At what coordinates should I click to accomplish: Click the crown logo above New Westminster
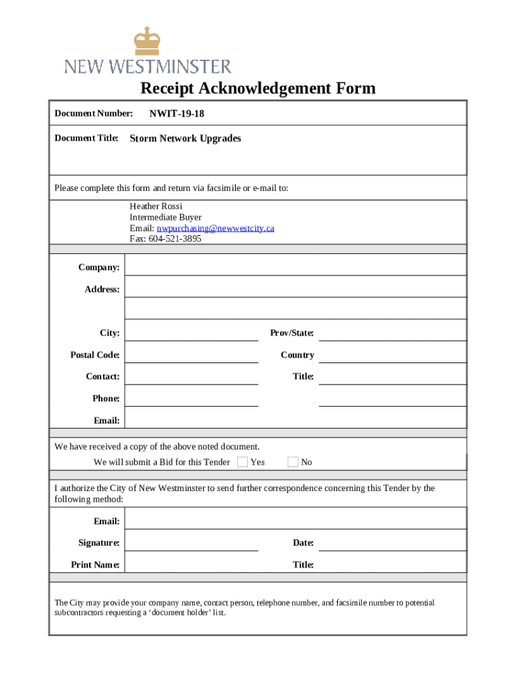[147, 41]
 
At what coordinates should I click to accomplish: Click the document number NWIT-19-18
[177, 114]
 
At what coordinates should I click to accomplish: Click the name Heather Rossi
[156, 206]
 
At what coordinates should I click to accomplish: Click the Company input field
[295, 267]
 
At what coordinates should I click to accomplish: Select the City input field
[192, 332]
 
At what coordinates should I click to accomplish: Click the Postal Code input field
[192, 354]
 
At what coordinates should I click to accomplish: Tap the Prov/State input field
[392, 332]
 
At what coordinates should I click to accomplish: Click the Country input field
[392, 354]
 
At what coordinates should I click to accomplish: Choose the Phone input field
[192, 398]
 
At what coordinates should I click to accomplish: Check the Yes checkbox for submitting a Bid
[243, 462]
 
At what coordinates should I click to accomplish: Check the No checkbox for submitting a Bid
[293, 462]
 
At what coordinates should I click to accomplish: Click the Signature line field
[192, 542]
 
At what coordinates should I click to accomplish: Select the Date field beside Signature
[392, 542]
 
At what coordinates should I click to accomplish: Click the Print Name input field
[192, 564]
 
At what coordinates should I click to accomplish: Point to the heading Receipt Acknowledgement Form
[258, 88]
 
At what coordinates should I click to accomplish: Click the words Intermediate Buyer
[166, 218]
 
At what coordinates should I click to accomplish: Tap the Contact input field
[192, 376]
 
